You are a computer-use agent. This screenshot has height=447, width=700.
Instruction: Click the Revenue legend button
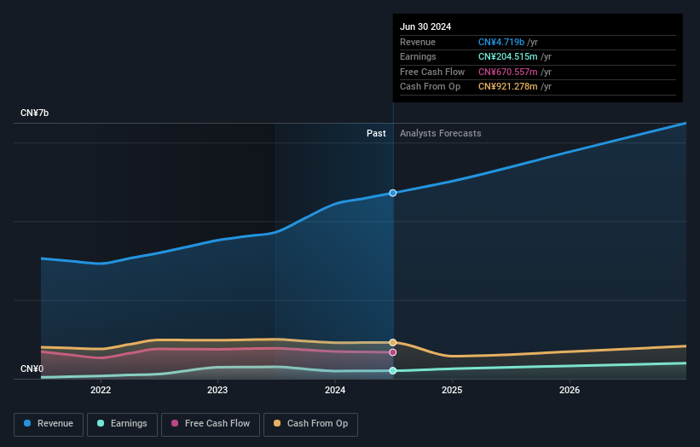click(49, 424)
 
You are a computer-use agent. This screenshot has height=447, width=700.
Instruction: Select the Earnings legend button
click(122, 424)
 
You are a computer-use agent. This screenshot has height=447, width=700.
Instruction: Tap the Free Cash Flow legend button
click(211, 424)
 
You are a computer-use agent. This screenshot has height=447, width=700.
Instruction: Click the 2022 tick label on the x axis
click(101, 391)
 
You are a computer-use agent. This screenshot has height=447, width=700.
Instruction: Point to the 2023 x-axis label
click(217, 391)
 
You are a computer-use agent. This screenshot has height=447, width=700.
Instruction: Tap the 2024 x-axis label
click(335, 391)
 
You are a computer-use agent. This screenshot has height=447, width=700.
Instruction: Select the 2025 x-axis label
click(452, 391)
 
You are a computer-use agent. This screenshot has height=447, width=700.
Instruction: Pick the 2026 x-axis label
click(570, 391)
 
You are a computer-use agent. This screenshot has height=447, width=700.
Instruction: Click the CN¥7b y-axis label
click(35, 113)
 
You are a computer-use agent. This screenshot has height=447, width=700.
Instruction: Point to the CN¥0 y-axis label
click(32, 369)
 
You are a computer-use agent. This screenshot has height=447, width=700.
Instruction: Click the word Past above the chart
click(376, 134)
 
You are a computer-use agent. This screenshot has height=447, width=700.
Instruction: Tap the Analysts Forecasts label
click(440, 134)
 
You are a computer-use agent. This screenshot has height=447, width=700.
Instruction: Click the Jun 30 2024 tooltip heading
click(425, 26)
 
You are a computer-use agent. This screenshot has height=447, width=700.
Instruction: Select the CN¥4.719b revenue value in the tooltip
click(501, 43)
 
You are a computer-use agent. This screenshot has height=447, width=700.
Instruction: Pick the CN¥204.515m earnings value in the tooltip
click(507, 57)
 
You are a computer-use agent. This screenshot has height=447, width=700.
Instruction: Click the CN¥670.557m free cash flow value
click(507, 72)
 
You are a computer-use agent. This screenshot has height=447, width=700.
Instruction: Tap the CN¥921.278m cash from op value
click(507, 87)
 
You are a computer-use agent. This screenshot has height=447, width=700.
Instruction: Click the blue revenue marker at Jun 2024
click(393, 193)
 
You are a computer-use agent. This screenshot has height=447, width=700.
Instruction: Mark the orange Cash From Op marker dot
click(393, 342)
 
